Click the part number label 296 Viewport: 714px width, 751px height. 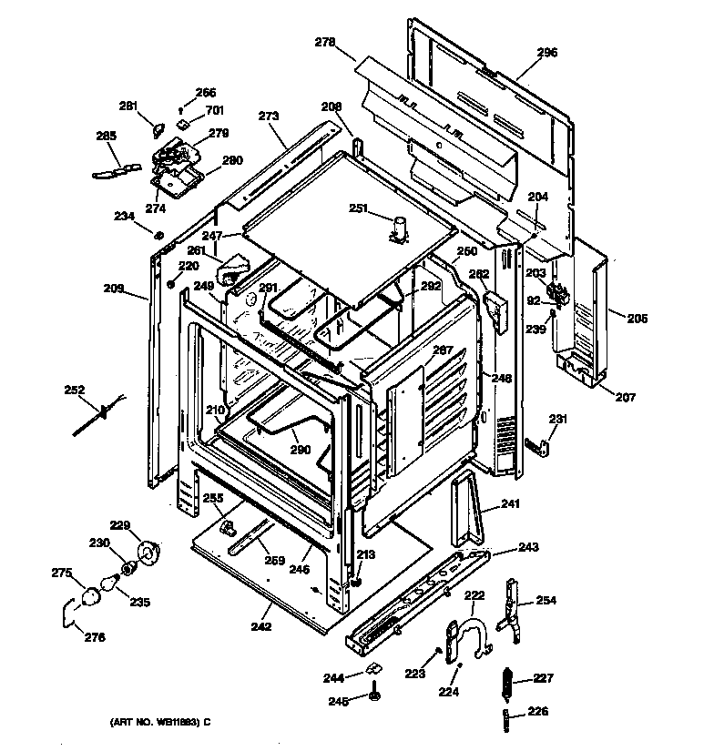[x=546, y=53]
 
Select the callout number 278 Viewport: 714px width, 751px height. [x=325, y=42]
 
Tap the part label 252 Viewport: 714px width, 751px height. [x=74, y=391]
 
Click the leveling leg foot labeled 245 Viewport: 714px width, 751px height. [x=374, y=696]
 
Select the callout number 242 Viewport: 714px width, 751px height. [x=260, y=627]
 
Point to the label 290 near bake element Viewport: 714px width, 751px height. [x=301, y=449]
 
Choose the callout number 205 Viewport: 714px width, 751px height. [x=637, y=318]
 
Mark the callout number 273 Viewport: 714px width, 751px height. [x=268, y=117]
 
